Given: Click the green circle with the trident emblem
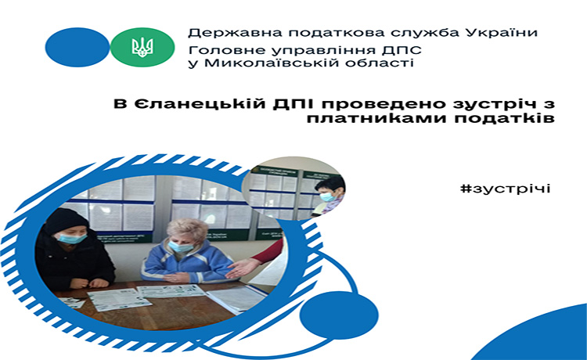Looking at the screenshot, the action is point(142,47).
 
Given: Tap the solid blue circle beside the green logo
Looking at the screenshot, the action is point(77,47).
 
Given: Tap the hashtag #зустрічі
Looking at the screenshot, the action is point(506,189).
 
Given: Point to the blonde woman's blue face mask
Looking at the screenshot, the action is point(181,247).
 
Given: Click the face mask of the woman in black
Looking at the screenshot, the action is point(72,238).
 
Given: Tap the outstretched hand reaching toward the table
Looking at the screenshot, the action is point(243,268).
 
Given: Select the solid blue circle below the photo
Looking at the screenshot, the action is point(339,315).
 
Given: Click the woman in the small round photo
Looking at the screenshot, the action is point(329,196).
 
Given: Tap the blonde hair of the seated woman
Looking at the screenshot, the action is point(187,229).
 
